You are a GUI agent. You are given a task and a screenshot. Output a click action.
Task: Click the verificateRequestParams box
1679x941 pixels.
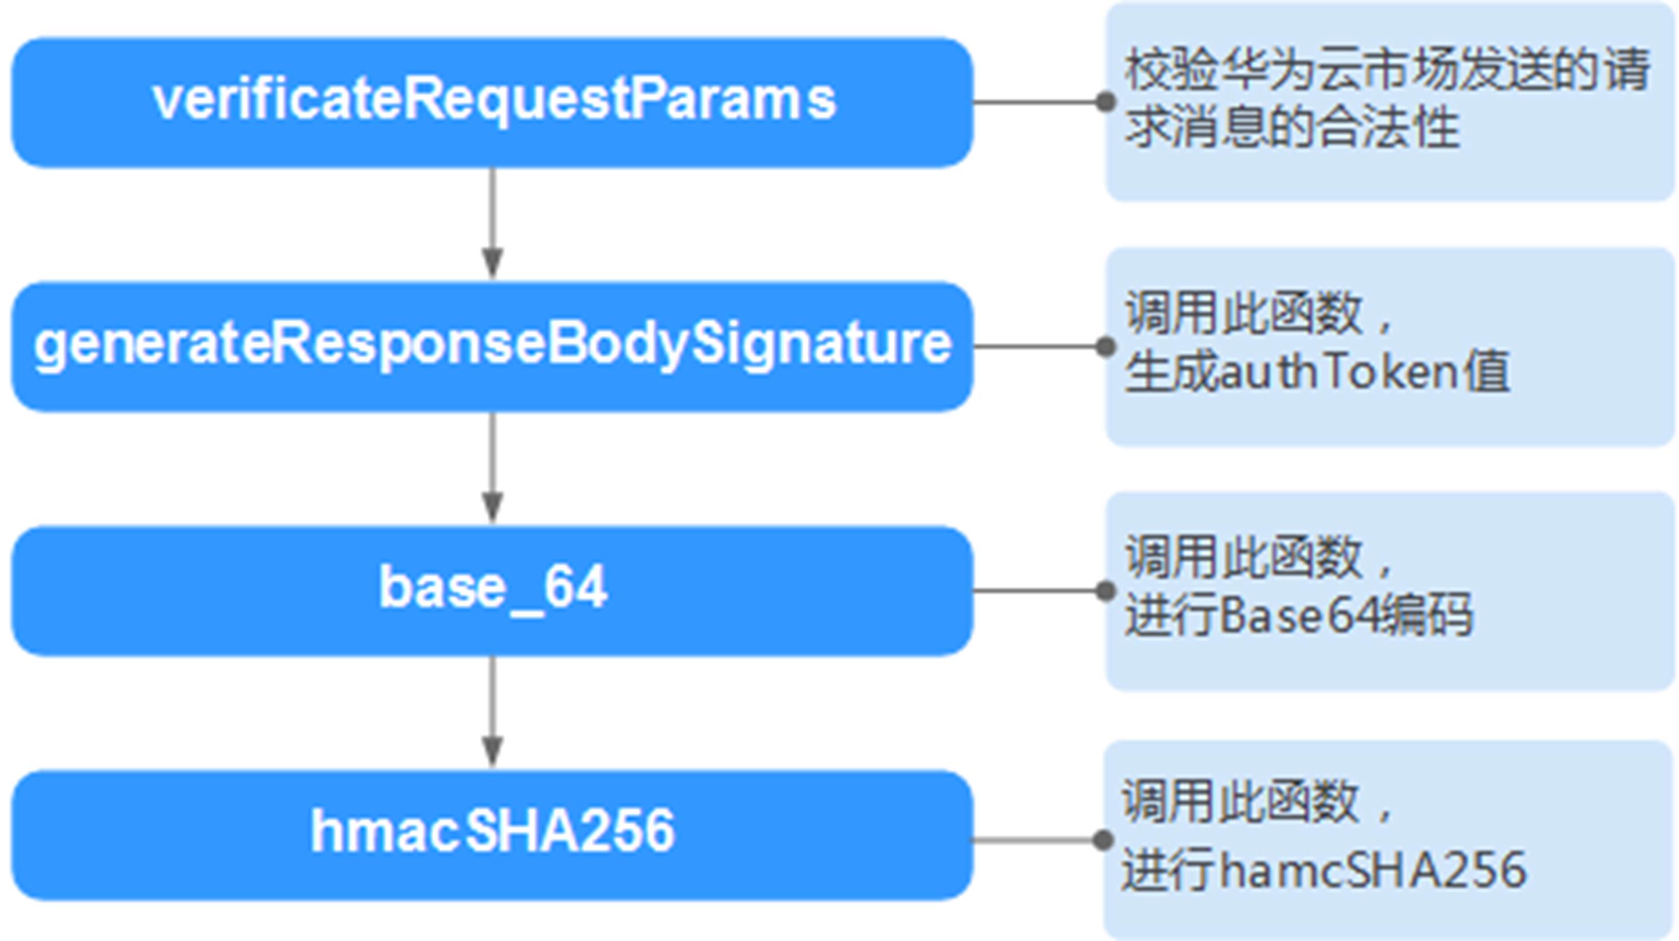tap(492, 102)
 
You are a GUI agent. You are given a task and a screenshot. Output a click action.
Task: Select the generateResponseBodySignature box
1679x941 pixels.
tap(492, 346)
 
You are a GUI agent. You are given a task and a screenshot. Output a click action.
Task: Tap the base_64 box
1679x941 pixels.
tap(492, 590)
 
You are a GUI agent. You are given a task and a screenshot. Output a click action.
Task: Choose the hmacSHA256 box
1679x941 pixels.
tap(492, 834)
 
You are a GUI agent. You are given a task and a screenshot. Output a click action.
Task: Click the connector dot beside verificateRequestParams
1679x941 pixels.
tap(1106, 102)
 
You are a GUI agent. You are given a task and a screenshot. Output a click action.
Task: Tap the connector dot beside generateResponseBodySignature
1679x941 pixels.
tap(1106, 346)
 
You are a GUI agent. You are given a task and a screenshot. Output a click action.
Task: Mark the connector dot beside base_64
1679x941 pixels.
tap(1106, 590)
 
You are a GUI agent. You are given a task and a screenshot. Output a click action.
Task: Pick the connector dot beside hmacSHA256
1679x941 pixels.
tap(1103, 840)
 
